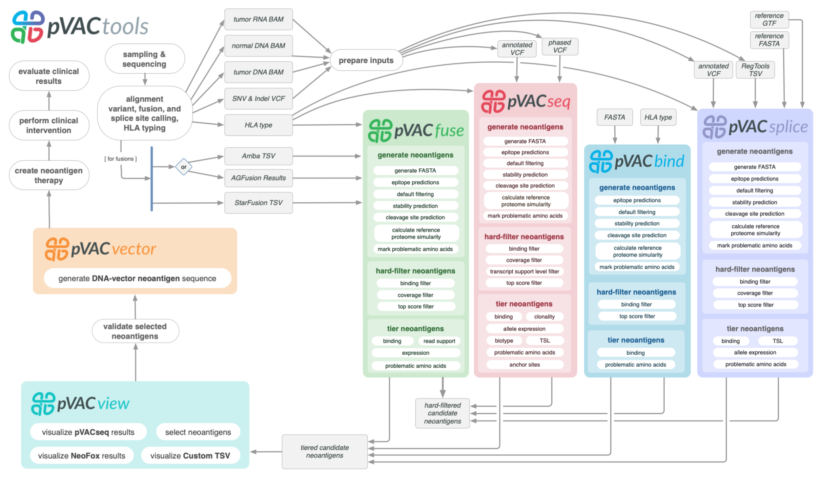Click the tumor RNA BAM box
click(x=258, y=19)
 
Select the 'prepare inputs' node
click(x=366, y=60)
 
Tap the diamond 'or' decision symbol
click(x=184, y=167)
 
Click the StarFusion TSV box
click(x=258, y=203)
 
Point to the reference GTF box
click(x=769, y=20)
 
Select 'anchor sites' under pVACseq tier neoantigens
click(x=524, y=364)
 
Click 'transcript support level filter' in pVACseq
click(x=524, y=271)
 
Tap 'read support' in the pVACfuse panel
click(x=439, y=341)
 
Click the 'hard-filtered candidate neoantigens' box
click(x=442, y=413)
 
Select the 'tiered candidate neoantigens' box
click(x=324, y=451)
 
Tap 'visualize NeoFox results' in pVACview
click(x=82, y=456)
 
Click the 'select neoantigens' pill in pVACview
click(x=198, y=432)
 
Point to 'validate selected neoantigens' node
click(x=135, y=331)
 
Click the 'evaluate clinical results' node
click(x=49, y=76)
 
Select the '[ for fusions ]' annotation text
click(x=120, y=159)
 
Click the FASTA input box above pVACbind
click(x=614, y=117)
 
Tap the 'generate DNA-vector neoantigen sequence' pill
click(x=137, y=278)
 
